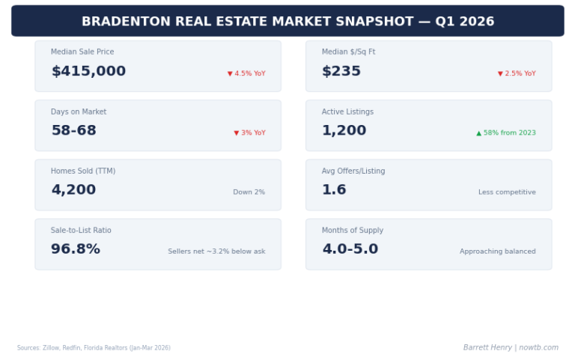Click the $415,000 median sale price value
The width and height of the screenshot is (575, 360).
click(x=88, y=72)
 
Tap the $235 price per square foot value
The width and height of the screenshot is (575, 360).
click(x=341, y=72)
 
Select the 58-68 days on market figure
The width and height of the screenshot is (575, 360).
click(x=73, y=131)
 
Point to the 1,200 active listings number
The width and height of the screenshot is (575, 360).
click(x=344, y=131)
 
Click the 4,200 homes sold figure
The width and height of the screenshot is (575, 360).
click(x=73, y=190)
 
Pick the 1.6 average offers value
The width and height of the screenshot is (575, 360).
click(x=334, y=190)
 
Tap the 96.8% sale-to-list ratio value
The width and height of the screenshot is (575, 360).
click(x=76, y=249)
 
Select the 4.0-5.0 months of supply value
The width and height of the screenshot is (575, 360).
click(x=350, y=249)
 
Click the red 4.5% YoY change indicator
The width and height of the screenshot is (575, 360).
click(x=246, y=73)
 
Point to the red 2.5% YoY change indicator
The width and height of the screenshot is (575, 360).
click(x=517, y=73)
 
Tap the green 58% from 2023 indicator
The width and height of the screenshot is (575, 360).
click(x=506, y=133)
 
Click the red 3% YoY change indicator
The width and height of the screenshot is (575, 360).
click(x=249, y=133)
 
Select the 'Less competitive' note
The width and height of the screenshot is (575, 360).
click(x=507, y=192)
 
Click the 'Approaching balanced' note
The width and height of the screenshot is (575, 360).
click(x=497, y=251)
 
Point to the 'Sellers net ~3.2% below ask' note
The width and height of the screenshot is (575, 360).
click(x=216, y=251)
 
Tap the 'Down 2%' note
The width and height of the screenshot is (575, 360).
click(x=249, y=192)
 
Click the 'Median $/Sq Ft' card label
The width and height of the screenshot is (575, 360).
click(x=348, y=52)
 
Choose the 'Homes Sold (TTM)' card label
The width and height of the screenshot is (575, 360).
click(x=83, y=171)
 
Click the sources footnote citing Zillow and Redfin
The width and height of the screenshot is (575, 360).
click(x=94, y=348)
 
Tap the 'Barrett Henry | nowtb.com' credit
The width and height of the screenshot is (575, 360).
click(x=511, y=347)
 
